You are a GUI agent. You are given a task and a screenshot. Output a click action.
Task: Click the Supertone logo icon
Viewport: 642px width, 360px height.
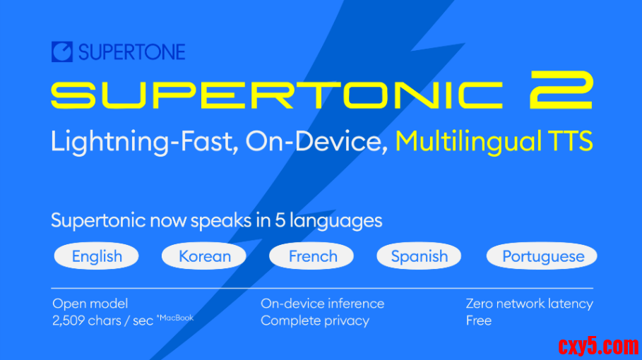(62, 52)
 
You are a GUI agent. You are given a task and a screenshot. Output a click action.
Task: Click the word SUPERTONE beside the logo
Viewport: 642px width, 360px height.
(132, 52)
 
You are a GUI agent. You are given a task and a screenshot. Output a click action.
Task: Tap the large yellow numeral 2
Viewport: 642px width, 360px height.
(561, 90)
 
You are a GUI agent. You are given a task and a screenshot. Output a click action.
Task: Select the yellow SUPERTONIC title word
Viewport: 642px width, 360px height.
(276, 95)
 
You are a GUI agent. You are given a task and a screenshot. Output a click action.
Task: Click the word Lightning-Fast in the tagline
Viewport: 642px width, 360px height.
(142, 142)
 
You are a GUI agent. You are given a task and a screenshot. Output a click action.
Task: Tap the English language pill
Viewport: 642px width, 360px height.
(97, 256)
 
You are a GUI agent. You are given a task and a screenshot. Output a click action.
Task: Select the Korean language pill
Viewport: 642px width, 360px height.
(204, 256)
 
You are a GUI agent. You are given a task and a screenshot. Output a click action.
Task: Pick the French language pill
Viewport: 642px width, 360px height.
(311, 256)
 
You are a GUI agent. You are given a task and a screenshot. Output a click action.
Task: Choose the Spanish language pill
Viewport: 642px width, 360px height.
(419, 256)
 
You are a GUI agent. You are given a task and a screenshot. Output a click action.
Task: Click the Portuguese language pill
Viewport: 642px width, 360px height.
(542, 256)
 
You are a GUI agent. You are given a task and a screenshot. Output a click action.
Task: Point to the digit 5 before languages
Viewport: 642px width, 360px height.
(280, 221)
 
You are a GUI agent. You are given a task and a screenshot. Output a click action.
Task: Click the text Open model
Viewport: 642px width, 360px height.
(90, 304)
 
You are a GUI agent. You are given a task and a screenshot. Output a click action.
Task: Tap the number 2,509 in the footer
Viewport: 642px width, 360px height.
(69, 320)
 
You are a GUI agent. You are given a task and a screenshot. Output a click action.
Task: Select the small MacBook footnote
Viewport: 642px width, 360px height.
(175, 318)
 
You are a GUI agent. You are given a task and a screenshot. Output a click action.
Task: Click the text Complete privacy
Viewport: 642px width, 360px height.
(315, 320)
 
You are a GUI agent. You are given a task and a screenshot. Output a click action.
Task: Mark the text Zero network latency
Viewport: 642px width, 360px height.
(530, 304)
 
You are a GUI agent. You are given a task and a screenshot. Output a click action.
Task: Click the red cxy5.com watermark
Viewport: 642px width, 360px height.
(598, 346)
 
